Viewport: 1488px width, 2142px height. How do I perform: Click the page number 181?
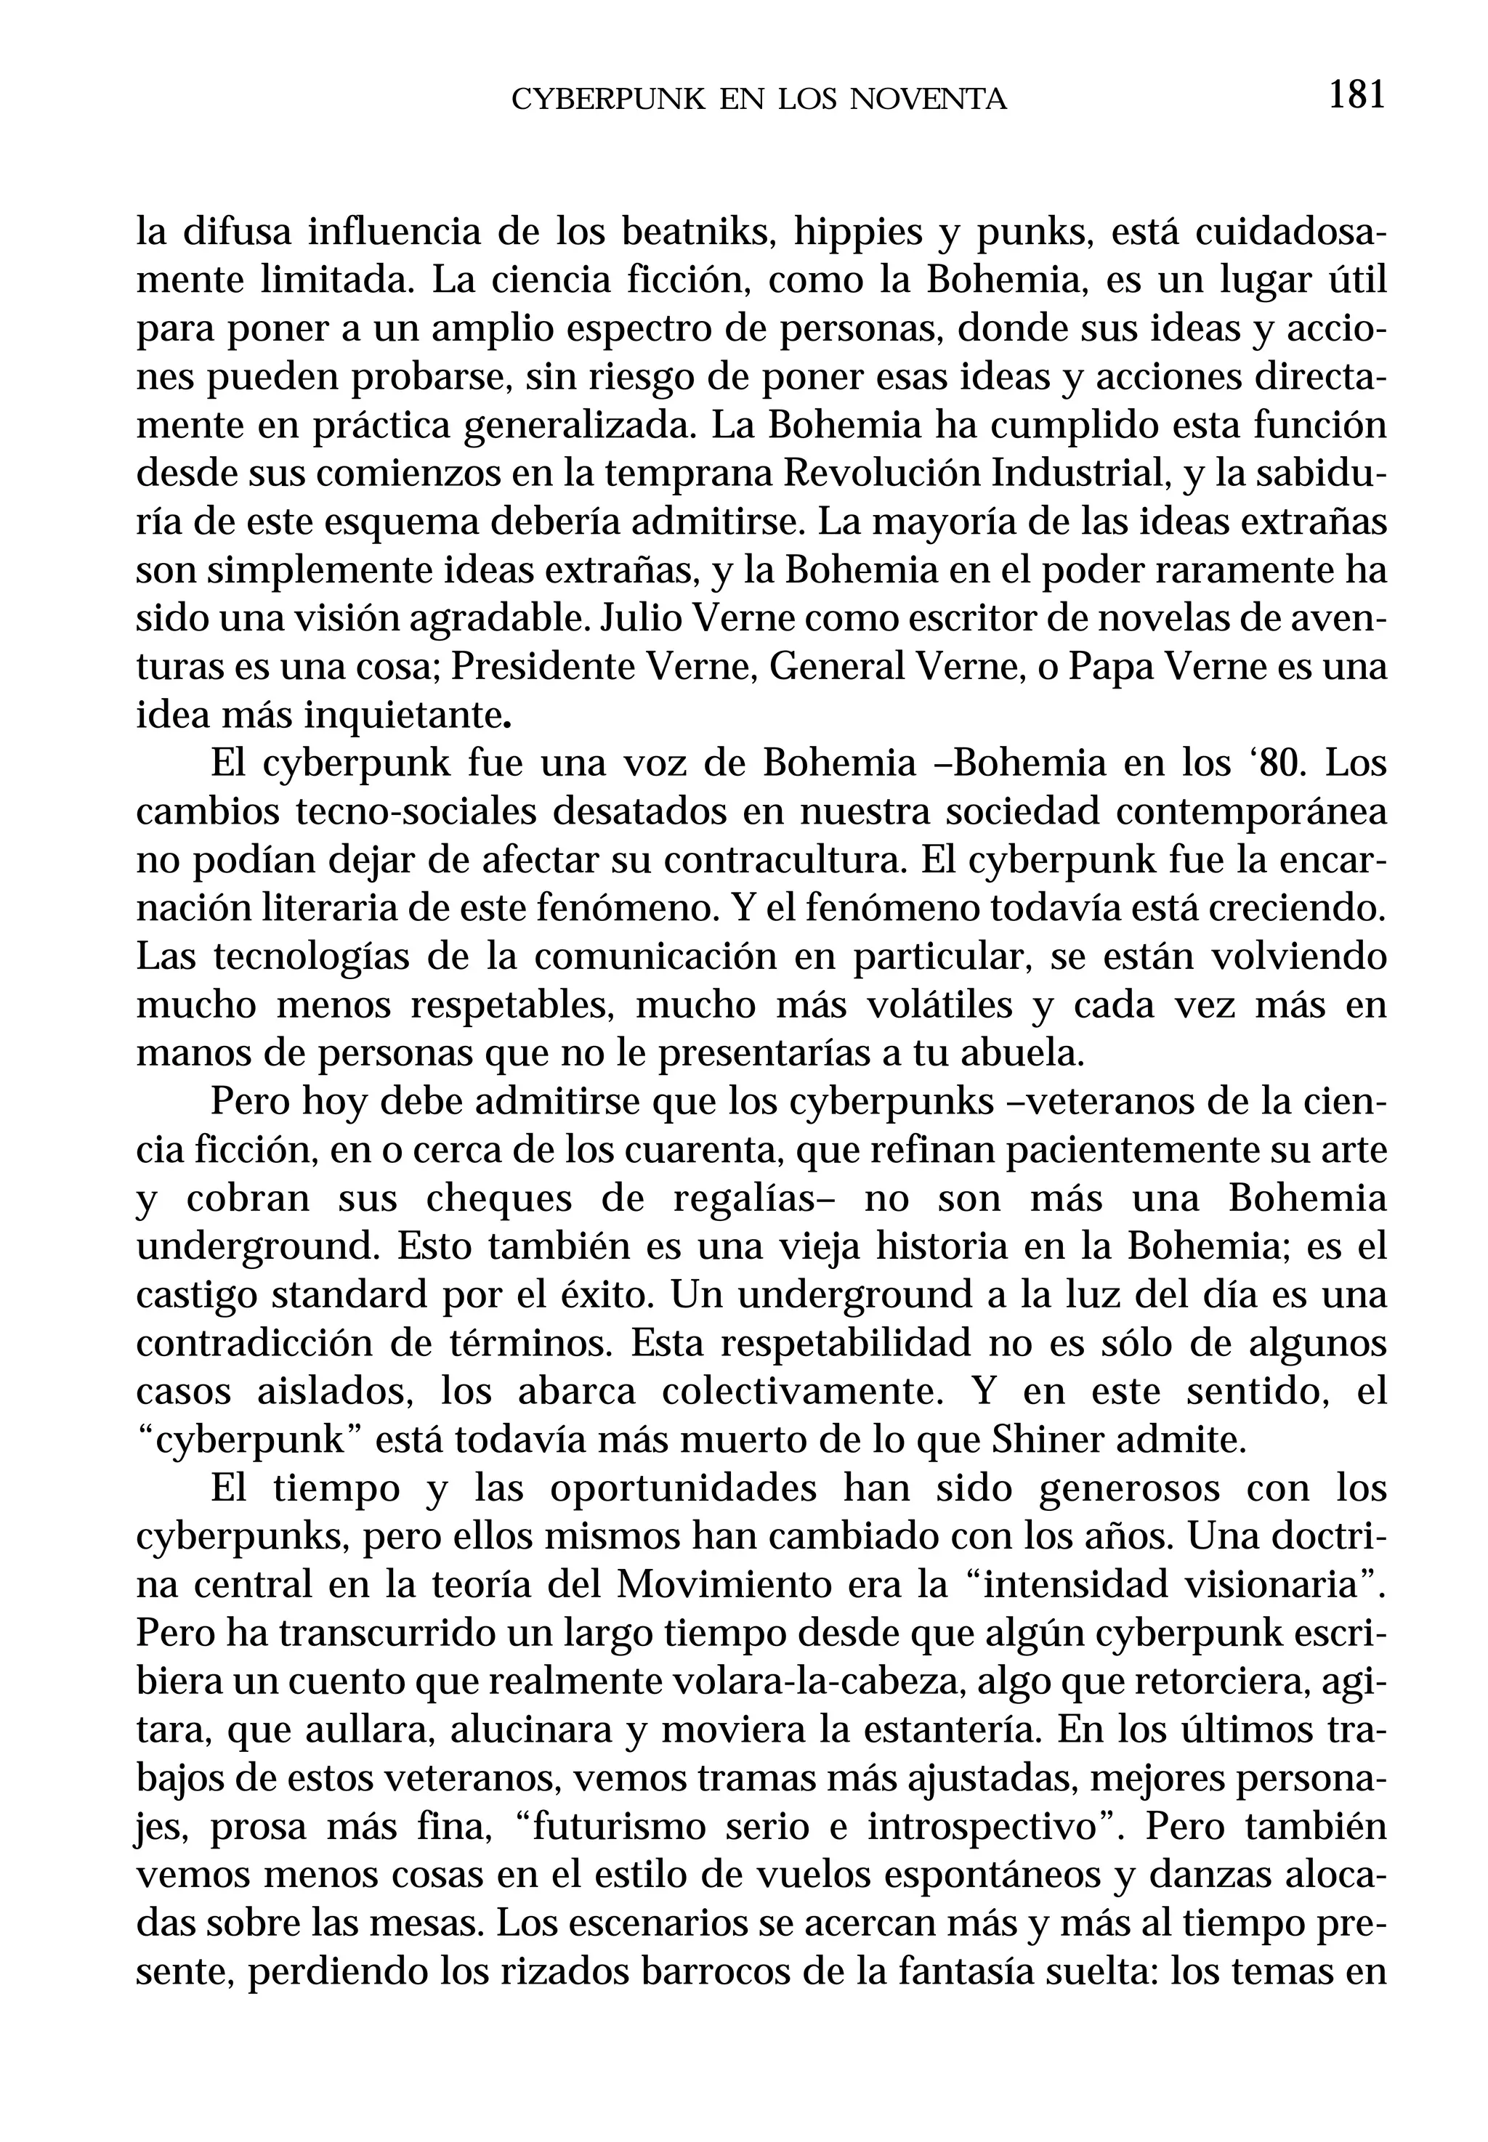click(x=1356, y=95)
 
